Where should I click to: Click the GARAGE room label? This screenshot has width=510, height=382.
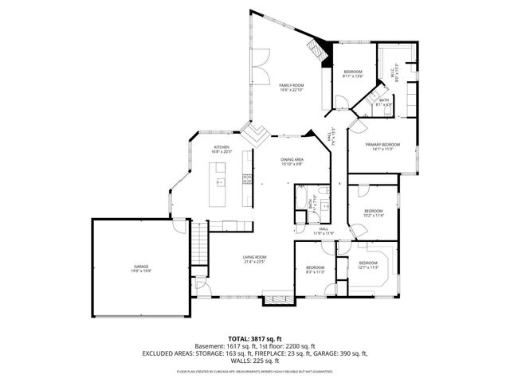[x=142, y=266]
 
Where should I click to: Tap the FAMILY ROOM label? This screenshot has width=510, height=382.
[x=291, y=85]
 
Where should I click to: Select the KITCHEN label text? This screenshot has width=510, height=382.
[x=221, y=147]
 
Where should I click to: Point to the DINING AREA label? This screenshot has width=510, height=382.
[x=292, y=160]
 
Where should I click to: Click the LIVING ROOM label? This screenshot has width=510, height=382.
[x=255, y=257]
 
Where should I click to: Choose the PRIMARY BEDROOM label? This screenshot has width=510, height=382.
[x=382, y=144]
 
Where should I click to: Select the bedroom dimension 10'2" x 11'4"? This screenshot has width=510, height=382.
[x=374, y=215]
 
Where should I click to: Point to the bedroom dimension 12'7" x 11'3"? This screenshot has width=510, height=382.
[x=367, y=267]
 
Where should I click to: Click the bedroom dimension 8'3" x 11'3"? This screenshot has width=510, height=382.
[x=316, y=271]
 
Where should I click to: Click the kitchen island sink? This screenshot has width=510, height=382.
[x=222, y=182]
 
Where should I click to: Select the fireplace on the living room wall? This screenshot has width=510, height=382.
[x=278, y=300]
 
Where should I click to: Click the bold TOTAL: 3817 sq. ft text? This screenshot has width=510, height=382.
[x=255, y=338]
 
